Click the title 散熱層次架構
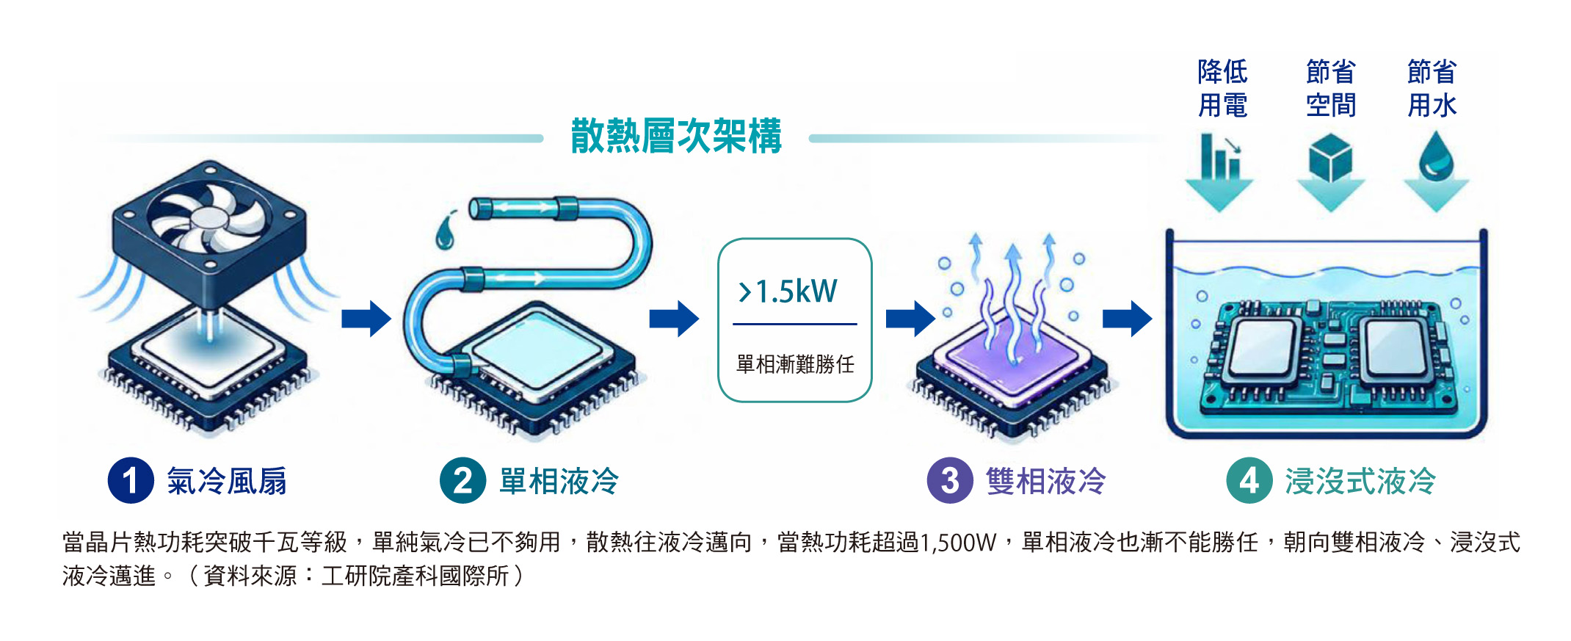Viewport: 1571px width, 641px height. (x=676, y=136)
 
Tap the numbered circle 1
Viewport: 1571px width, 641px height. (x=131, y=481)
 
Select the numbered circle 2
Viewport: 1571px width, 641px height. (x=462, y=481)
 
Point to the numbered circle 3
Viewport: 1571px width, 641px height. (x=950, y=481)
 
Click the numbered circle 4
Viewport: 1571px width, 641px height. (x=1249, y=481)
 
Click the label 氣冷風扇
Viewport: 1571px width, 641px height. (x=227, y=482)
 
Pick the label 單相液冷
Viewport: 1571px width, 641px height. (x=559, y=482)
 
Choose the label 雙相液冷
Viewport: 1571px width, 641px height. (x=1046, y=482)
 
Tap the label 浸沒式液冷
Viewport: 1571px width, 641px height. (x=1360, y=482)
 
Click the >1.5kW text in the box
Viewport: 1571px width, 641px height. (x=788, y=291)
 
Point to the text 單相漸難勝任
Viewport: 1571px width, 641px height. (x=795, y=363)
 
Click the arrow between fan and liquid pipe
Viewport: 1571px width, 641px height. (x=366, y=319)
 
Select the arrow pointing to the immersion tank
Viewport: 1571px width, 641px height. (x=1128, y=319)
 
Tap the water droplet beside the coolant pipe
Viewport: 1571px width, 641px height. (x=444, y=231)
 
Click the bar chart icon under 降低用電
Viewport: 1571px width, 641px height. (x=1220, y=156)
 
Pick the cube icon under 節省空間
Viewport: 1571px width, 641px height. (x=1330, y=157)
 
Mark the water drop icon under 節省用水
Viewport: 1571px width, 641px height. (x=1437, y=156)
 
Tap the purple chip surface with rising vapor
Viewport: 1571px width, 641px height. (x=1013, y=356)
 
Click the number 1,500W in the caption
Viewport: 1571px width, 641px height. (x=957, y=543)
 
